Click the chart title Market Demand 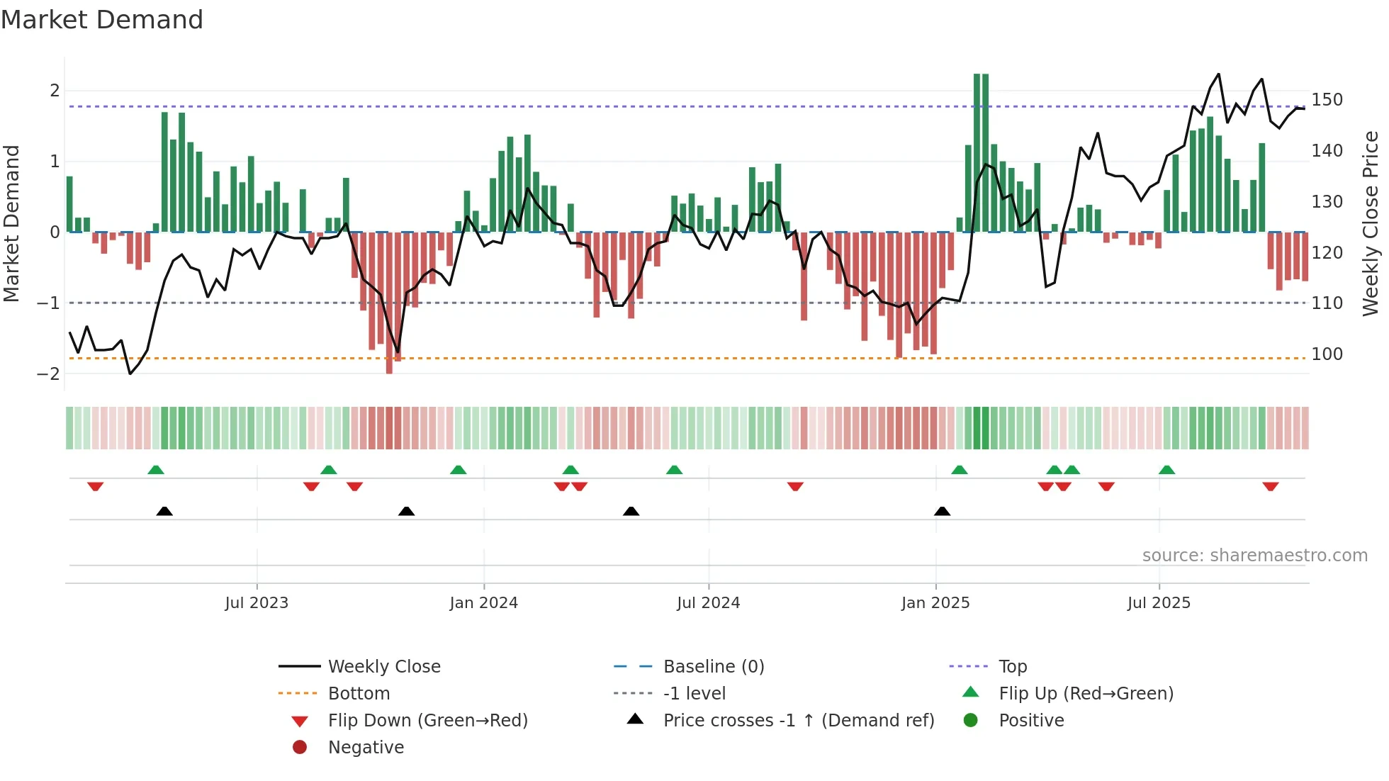coord(102,20)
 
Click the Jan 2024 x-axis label coord(483,603)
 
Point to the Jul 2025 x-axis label coord(1159,603)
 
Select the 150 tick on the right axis coord(1327,100)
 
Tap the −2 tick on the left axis coord(48,373)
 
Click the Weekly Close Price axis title coord(1371,223)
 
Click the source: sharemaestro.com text coord(1254,556)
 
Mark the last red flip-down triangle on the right coord(1270,486)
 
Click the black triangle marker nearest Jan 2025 coord(942,511)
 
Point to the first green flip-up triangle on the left coord(156,470)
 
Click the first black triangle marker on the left coord(164,511)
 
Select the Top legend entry coord(1013,667)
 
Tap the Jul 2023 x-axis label coord(257,603)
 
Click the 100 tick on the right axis coord(1327,354)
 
